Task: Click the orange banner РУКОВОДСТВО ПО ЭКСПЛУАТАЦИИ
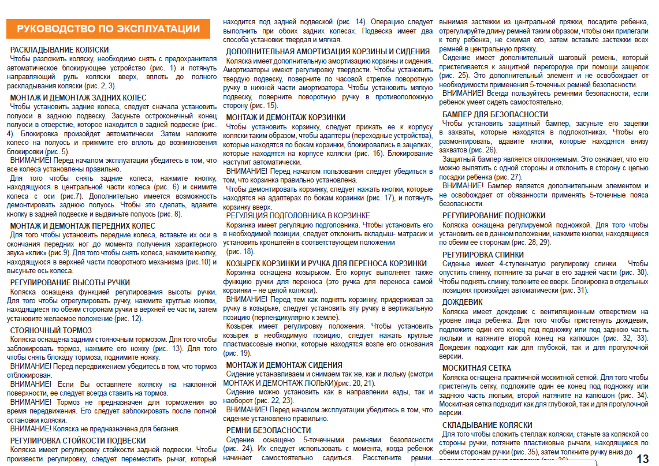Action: (x=109, y=29)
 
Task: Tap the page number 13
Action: (x=642, y=458)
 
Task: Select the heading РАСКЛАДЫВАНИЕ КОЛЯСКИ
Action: (x=59, y=50)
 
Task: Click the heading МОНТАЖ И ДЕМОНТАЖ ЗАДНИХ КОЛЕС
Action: (x=78, y=98)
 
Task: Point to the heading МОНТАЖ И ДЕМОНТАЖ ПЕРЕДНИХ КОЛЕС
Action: (x=83, y=226)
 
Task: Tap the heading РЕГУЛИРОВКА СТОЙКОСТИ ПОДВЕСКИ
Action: (x=78, y=441)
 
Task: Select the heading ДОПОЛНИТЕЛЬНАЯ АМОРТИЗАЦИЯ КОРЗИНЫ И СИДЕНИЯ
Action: (x=328, y=51)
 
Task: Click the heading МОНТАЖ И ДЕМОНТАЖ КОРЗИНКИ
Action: (x=286, y=117)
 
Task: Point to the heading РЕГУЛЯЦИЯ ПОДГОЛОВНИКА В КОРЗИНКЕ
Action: (x=298, y=215)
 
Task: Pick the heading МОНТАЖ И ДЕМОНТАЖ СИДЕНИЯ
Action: (x=284, y=365)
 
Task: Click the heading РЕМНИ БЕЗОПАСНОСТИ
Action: (x=260, y=430)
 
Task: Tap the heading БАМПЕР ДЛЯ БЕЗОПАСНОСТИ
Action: (x=496, y=114)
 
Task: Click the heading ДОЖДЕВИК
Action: (x=462, y=302)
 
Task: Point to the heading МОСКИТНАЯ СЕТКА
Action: (x=476, y=368)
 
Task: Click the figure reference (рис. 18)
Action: (x=240, y=251)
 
